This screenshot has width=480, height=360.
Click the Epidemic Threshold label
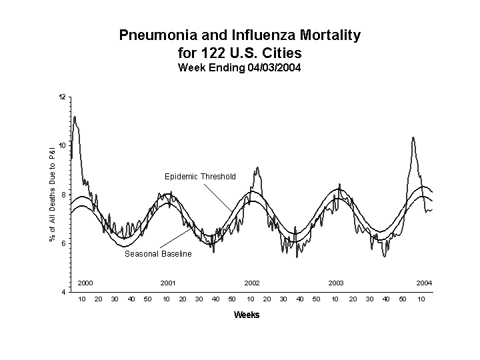click(x=200, y=177)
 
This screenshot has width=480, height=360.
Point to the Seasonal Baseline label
click(x=158, y=254)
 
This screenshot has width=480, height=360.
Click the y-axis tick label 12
click(x=62, y=97)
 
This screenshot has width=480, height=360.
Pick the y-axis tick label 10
click(x=62, y=146)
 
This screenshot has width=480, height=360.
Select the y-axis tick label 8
click(x=64, y=195)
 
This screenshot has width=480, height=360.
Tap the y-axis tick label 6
click(x=64, y=243)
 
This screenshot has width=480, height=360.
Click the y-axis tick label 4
click(x=64, y=292)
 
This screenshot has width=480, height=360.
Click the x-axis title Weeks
click(x=247, y=315)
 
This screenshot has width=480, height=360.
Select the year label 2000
click(x=85, y=283)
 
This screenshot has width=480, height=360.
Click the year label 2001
click(x=168, y=283)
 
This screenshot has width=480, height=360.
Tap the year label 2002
click(x=252, y=283)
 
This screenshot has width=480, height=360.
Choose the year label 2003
click(x=336, y=283)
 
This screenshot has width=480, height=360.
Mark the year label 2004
click(x=424, y=283)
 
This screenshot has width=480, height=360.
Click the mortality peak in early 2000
click(x=75, y=117)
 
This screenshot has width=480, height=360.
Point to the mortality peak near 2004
click(x=413, y=138)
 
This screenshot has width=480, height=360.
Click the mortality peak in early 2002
click(x=257, y=168)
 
